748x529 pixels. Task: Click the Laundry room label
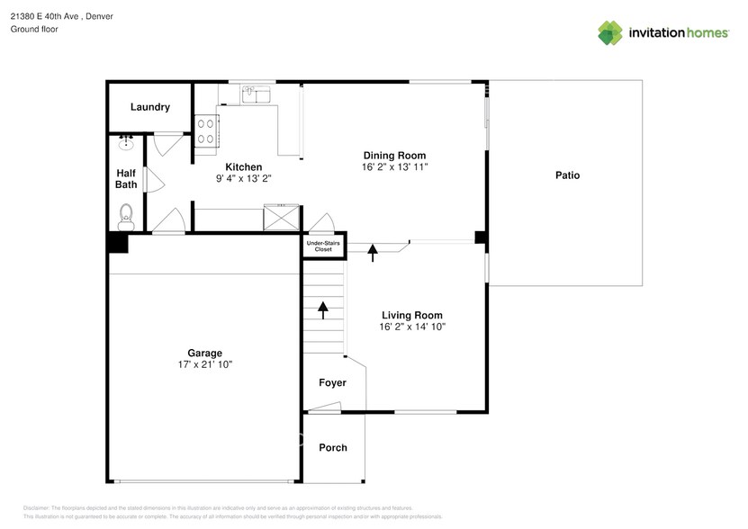pyautogui.click(x=149, y=107)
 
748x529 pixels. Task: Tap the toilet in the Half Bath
pyautogui.click(x=126, y=214)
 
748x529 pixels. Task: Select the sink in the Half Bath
pyautogui.click(x=126, y=143)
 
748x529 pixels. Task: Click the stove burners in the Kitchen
pyautogui.click(x=206, y=132)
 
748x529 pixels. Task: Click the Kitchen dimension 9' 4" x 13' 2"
pyautogui.click(x=243, y=179)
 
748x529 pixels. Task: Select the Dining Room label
pyautogui.click(x=394, y=155)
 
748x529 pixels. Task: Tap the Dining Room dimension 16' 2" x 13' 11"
pyautogui.click(x=394, y=167)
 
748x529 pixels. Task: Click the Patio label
pyautogui.click(x=567, y=175)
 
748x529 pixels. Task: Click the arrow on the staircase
pyautogui.click(x=322, y=310)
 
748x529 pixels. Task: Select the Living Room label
pyautogui.click(x=412, y=315)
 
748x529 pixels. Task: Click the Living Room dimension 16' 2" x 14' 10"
pyautogui.click(x=412, y=327)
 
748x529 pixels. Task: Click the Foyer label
pyautogui.click(x=333, y=383)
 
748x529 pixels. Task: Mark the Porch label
pyautogui.click(x=333, y=447)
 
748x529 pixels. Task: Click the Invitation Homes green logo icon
pyautogui.click(x=610, y=32)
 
